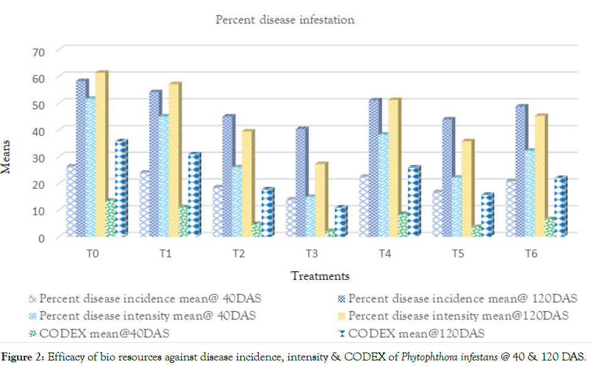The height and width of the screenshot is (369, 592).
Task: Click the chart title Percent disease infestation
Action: tap(285, 20)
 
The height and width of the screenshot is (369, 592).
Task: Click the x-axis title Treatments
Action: tap(320, 276)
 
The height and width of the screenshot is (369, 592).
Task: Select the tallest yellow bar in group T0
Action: tap(101, 153)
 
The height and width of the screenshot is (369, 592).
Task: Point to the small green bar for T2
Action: tap(256, 230)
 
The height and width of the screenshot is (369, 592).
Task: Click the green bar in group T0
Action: tap(110, 218)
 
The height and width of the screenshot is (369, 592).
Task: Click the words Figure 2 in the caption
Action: tap(21, 357)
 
